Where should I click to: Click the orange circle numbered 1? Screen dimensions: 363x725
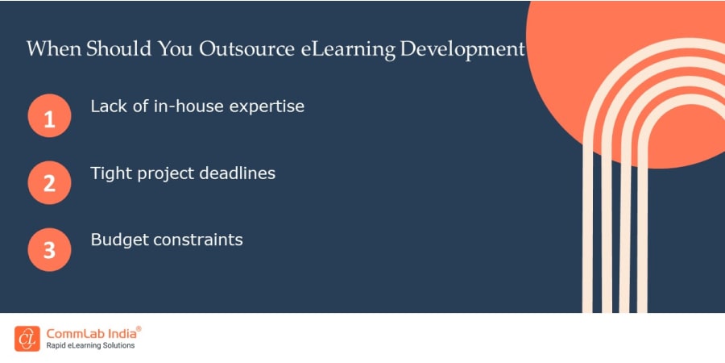[49, 116]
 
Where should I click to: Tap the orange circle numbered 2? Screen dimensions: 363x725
[49, 183]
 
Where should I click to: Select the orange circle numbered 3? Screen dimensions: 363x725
[49, 249]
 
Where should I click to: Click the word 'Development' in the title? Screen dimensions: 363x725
[462, 49]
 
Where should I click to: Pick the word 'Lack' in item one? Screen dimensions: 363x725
[107, 106]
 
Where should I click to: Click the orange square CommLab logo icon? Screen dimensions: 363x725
[27, 339]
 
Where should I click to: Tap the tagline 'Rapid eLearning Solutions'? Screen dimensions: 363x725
[89, 346]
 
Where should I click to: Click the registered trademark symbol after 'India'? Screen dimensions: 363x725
[139, 329]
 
